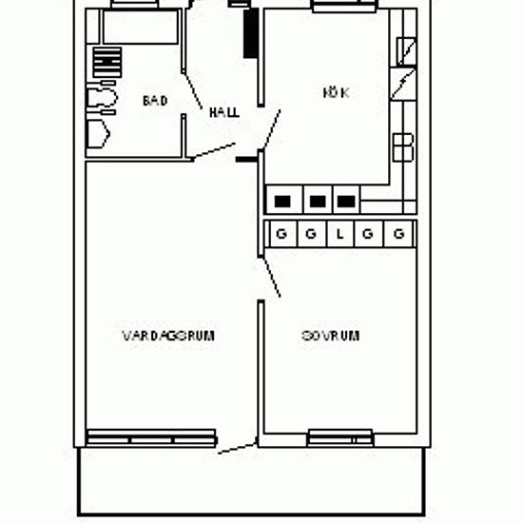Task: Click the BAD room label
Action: [155, 101]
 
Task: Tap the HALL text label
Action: [224, 112]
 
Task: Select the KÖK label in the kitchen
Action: [337, 92]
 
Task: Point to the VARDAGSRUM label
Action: [168, 336]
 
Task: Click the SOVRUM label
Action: [331, 336]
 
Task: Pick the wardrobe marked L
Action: [339, 234]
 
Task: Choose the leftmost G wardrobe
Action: [282, 234]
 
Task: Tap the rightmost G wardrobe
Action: [399, 234]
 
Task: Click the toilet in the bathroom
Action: [102, 97]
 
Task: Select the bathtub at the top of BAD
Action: [141, 27]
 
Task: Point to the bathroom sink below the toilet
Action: [98, 134]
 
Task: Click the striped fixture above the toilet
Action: [107, 63]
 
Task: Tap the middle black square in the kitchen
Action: [318, 202]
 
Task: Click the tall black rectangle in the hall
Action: [251, 33]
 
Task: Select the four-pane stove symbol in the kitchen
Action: [403, 147]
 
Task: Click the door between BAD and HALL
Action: [193, 90]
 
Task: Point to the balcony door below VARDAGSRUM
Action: [238, 448]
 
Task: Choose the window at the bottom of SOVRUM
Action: [340, 437]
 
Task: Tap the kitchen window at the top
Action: [344, 7]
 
